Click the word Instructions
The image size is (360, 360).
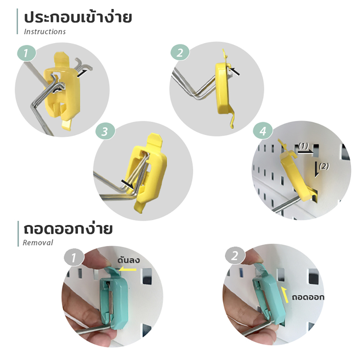point(45,31)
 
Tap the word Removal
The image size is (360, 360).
point(38,242)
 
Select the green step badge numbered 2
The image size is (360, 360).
point(180,52)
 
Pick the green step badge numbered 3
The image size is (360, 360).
point(105,131)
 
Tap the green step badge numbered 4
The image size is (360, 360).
point(263,131)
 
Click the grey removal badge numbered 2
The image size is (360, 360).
point(235,256)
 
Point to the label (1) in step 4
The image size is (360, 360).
point(303,146)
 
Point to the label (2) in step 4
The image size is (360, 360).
point(324,166)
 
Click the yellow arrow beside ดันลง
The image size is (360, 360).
point(128,269)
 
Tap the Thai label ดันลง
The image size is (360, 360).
point(129,260)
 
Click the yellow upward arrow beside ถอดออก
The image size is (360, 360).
point(285,295)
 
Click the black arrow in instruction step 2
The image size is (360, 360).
point(235,71)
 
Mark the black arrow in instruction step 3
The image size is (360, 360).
point(127,184)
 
